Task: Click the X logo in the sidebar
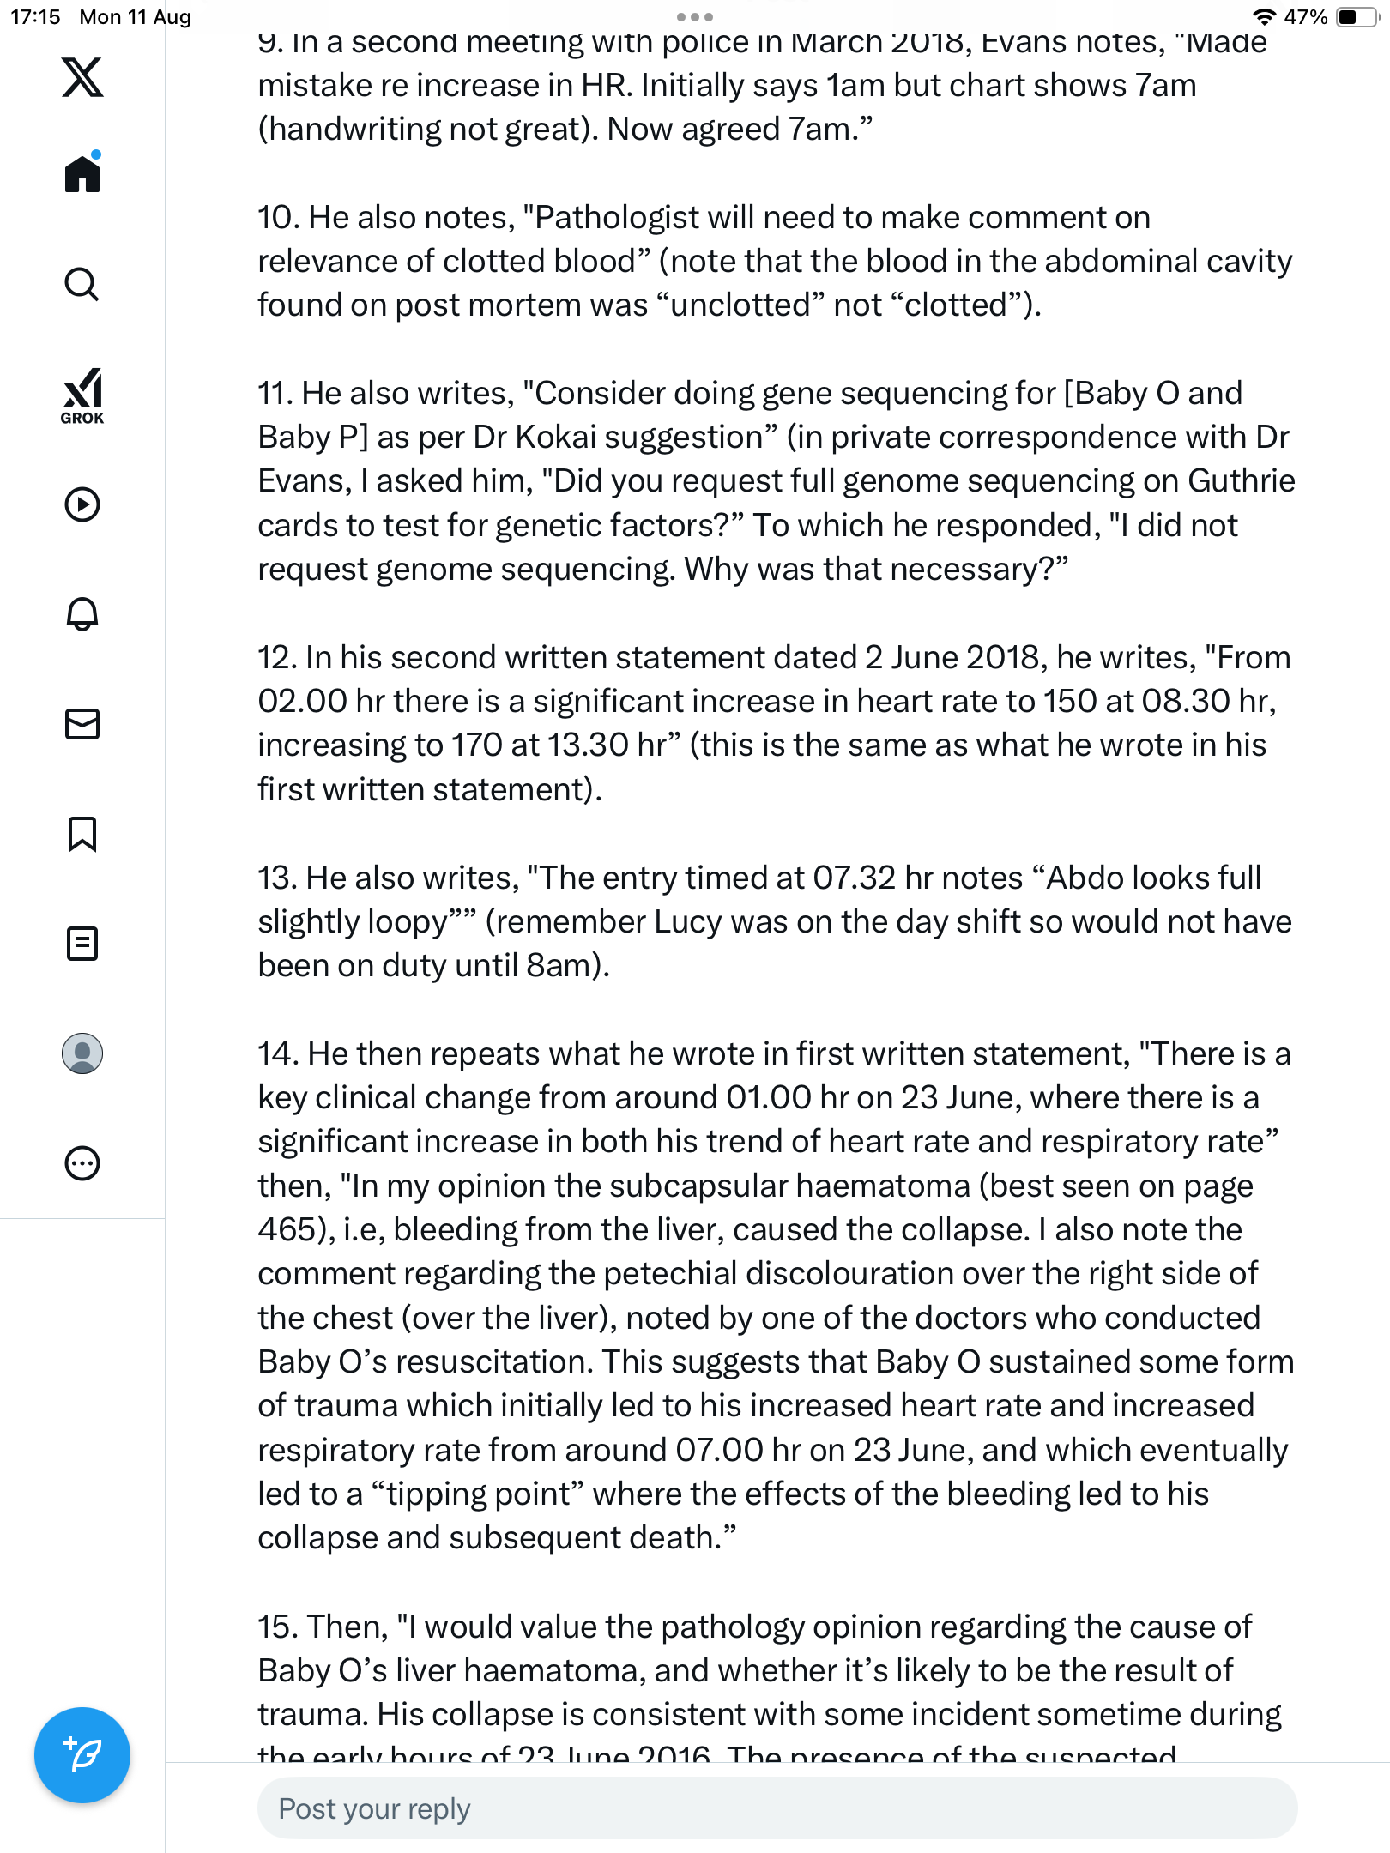pyautogui.click(x=82, y=77)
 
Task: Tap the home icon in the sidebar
pyautogui.click(x=82, y=173)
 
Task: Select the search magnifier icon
pyautogui.click(x=82, y=284)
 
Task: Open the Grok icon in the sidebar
pyautogui.click(x=82, y=395)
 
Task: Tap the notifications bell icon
pyautogui.click(x=82, y=613)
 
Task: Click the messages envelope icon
pyautogui.click(x=82, y=724)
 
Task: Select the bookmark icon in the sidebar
pyautogui.click(x=82, y=834)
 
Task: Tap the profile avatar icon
pyautogui.click(x=82, y=1053)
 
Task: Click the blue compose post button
pyautogui.click(x=82, y=1755)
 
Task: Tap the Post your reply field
pyautogui.click(x=777, y=1808)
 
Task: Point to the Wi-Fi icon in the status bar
pyautogui.click(x=1264, y=17)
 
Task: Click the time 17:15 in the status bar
pyautogui.click(x=35, y=17)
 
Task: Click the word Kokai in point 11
pyautogui.click(x=555, y=438)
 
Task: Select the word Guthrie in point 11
pyautogui.click(x=1241, y=481)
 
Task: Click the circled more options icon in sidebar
pyautogui.click(x=82, y=1163)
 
